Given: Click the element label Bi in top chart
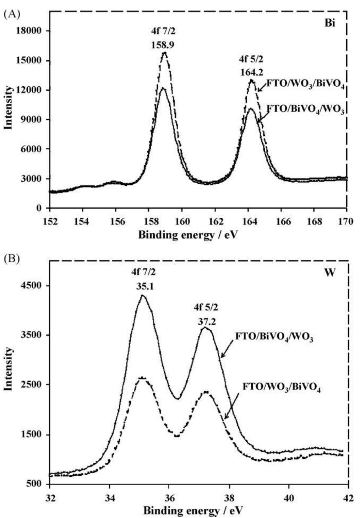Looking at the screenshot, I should tap(330, 25).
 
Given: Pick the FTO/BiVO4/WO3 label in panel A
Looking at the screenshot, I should tap(306, 110).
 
